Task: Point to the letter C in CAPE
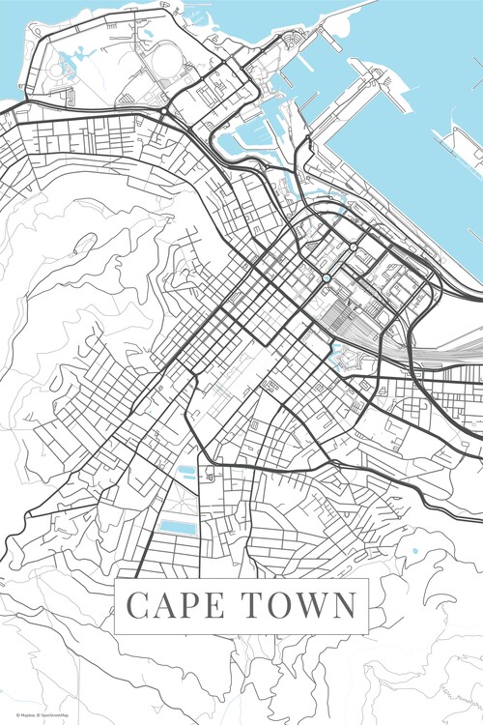pos(138,605)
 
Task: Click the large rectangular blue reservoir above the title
pos(176,528)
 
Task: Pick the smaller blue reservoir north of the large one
pos(185,472)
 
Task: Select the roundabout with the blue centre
pos(327,278)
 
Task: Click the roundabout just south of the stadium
pos(166,113)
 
